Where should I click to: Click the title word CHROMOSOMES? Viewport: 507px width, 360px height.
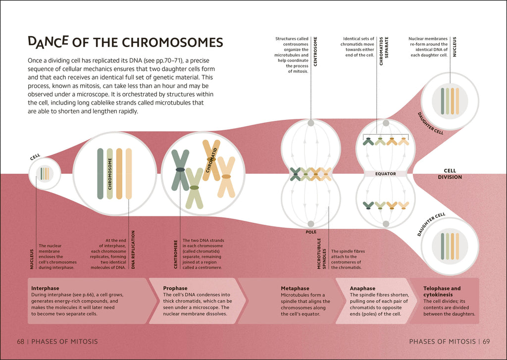click(x=172, y=43)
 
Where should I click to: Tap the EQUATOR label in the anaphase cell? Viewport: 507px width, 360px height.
click(x=385, y=174)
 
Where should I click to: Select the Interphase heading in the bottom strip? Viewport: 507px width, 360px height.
click(x=45, y=288)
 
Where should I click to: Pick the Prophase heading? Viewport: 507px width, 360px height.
click(x=175, y=288)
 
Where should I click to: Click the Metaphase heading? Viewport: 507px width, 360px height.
click(x=295, y=288)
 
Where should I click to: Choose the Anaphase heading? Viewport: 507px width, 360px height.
click(x=362, y=288)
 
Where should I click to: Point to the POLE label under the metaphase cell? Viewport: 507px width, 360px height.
click(x=311, y=232)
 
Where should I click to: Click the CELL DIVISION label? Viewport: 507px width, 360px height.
click(x=450, y=174)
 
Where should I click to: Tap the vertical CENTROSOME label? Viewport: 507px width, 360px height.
click(x=315, y=51)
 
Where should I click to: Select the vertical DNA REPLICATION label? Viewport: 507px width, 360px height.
click(x=133, y=250)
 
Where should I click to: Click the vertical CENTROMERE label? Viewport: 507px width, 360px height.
click(x=176, y=254)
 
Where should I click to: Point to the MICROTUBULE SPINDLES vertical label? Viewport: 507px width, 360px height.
click(x=321, y=254)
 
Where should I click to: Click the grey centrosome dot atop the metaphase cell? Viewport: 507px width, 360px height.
click(x=311, y=123)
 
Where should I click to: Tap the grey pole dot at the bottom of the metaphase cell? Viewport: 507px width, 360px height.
click(x=311, y=224)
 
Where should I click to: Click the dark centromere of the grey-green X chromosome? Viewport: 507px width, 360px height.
click(x=180, y=170)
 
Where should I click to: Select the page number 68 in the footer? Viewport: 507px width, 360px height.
click(x=21, y=342)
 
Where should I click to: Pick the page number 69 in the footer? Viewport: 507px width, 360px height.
click(x=486, y=342)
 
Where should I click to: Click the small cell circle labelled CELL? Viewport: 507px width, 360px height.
click(x=45, y=174)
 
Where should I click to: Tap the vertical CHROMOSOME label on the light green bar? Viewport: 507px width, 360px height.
click(x=110, y=174)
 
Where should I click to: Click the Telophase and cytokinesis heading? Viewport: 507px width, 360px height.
click(x=442, y=292)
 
